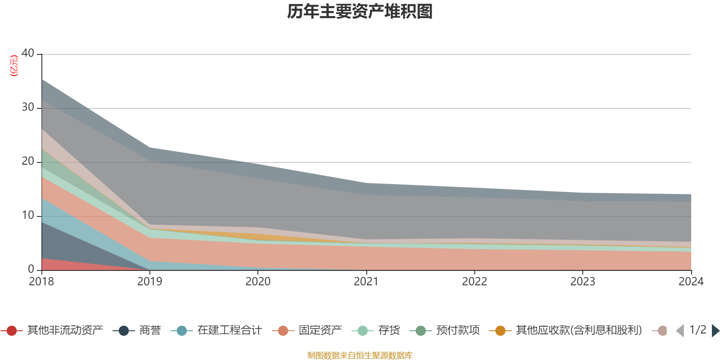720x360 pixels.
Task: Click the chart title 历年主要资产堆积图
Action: point(360,12)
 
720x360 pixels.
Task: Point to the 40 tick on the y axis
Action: point(28,53)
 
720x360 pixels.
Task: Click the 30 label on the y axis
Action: point(28,107)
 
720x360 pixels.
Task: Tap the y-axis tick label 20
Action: point(28,161)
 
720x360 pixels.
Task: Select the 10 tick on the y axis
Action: point(28,215)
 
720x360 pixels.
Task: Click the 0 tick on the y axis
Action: point(31,269)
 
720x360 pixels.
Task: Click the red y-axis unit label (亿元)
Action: point(14,66)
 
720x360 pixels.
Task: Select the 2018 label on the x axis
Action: point(41,282)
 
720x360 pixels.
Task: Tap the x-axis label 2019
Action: point(150,282)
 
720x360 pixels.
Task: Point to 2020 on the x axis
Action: point(258,282)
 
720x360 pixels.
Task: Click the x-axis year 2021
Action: point(366,282)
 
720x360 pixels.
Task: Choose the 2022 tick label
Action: point(474,282)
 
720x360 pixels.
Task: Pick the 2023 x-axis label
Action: point(583,282)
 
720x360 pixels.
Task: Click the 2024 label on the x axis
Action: point(691,282)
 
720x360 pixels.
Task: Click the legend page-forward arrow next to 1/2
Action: point(715,331)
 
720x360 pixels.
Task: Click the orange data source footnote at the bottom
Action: point(360,355)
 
